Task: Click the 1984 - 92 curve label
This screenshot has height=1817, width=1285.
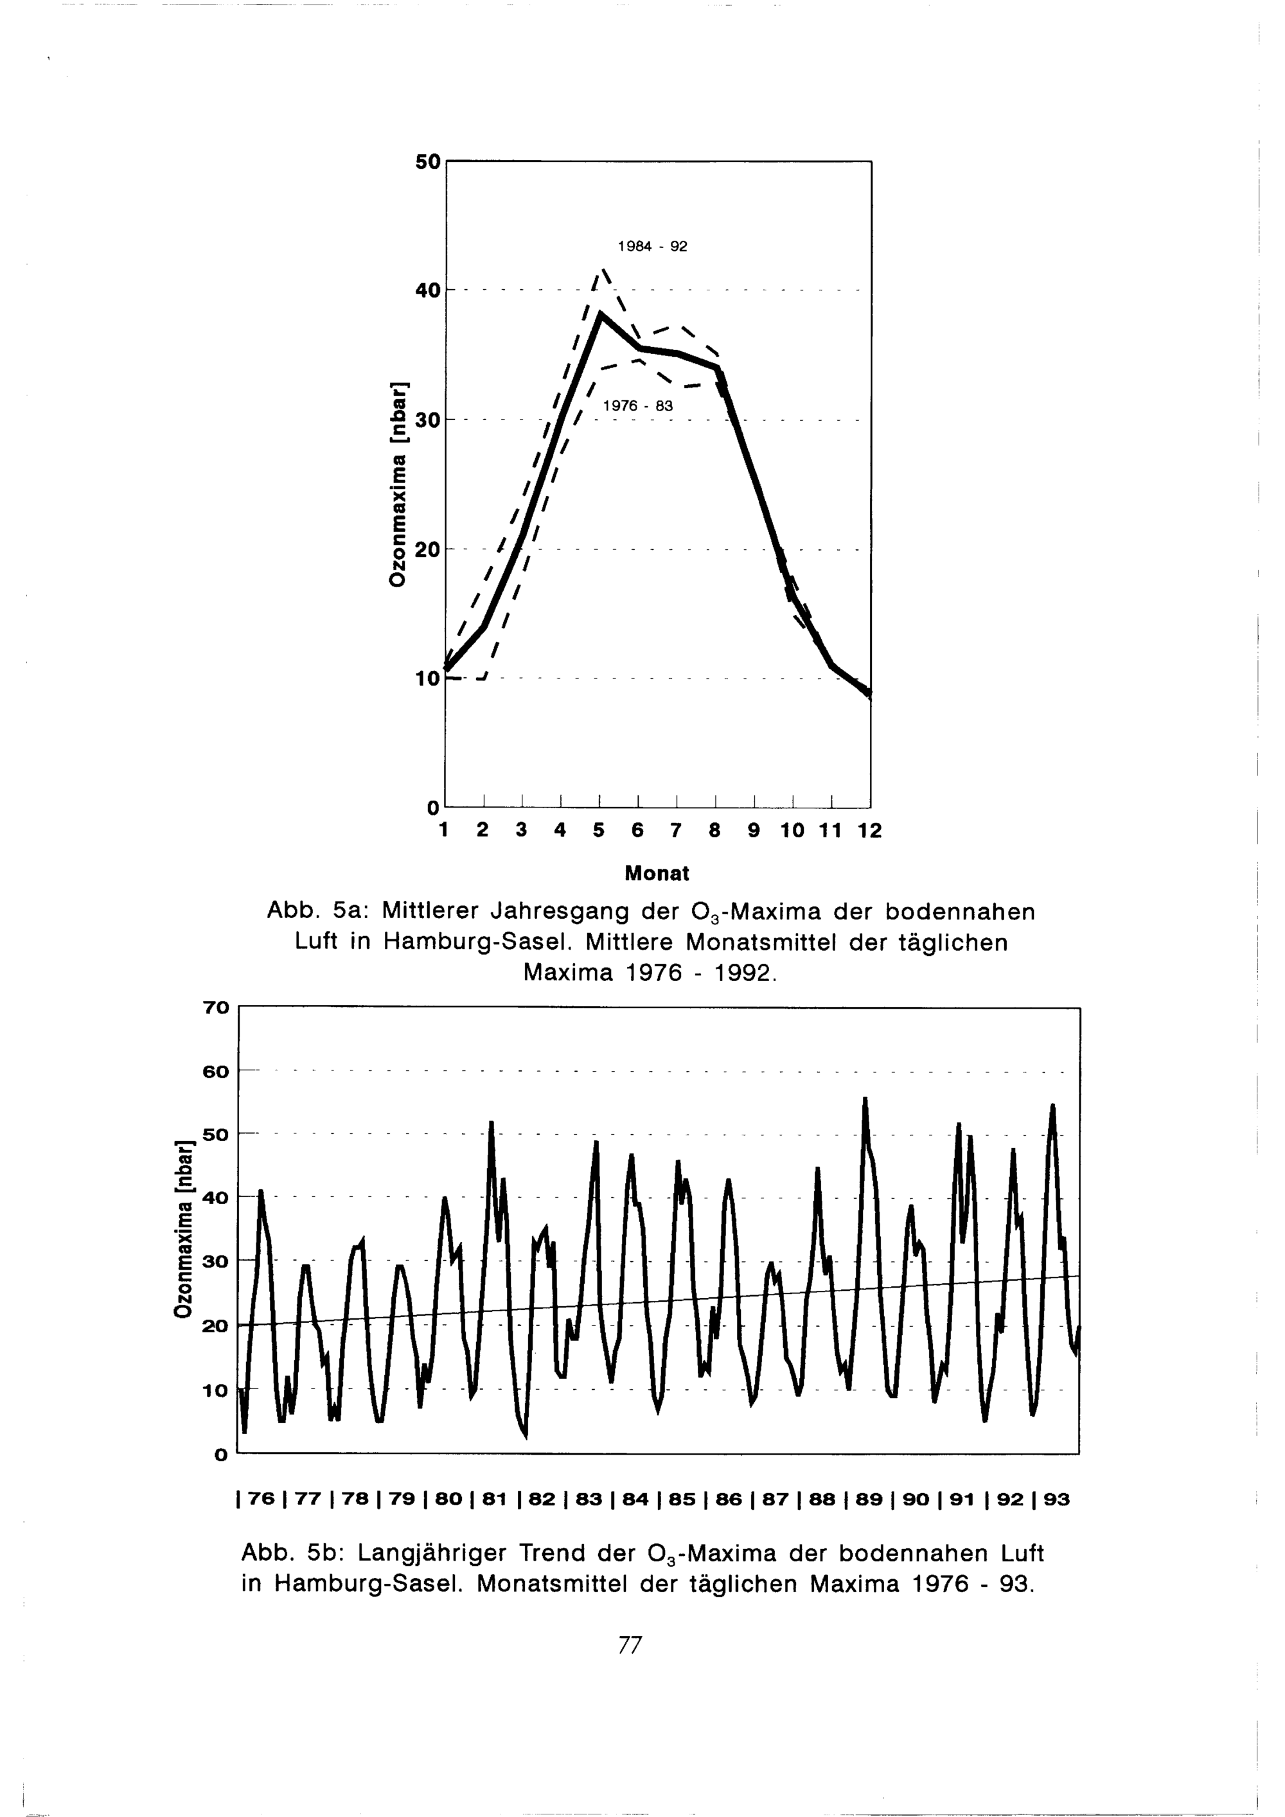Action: coord(652,246)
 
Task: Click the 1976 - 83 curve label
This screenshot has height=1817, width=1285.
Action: coord(638,406)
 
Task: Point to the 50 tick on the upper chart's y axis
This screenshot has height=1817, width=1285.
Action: coord(427,161)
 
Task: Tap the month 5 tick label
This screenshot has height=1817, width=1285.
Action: coord(599,830)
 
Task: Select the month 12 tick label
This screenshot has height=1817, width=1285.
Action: coord(869,830)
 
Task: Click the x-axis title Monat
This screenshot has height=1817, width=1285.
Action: coord(657,874)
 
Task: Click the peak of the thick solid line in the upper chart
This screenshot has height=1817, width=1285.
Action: coord(601,314)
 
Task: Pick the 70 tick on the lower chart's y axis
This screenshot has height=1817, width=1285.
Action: coord(216,1007)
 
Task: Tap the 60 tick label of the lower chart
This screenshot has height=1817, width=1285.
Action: coord(216,1072)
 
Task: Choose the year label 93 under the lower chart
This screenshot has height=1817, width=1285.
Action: coord(1056,1499)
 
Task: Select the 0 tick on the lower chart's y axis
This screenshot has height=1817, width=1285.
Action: coord(221,1454)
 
